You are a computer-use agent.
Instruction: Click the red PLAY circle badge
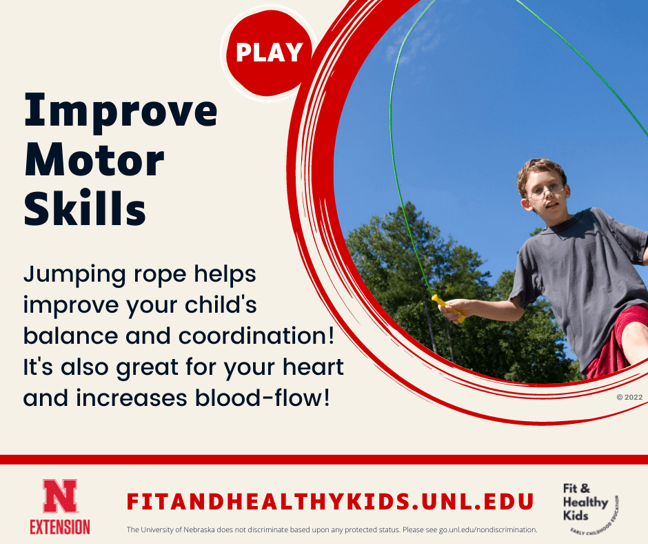pyautogui.click(x=269, y=52)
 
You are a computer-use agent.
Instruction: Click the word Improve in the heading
pyautogui.click(x=121, y=112)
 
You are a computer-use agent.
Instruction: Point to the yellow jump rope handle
pyautogui.click(x=447, y=309)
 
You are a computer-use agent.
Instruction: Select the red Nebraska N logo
pyautogui.click(x=60, y=496)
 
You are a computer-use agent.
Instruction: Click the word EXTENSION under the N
pyautogui.click(x=60, y=527)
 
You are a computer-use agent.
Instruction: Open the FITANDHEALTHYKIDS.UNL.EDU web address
pyautogui.click(x=330, y=502)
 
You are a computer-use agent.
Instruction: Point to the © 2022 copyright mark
pyautogui.click(x=629, y=398)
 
